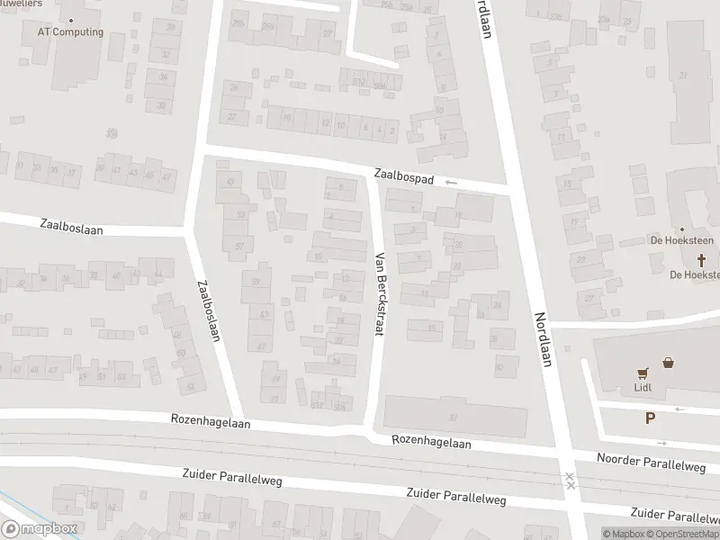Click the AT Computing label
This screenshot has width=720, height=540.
[x=70, y=32]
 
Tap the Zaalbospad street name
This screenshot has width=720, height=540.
[x=405, y=179]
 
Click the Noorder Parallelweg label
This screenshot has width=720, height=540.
[x=651, y=462]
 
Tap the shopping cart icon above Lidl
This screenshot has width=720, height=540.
[x=643, y=373]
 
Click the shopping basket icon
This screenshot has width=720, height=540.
[x=669, y=364]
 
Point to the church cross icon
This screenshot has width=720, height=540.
[x=704, y=260]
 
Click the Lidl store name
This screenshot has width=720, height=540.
[x=643, y=389]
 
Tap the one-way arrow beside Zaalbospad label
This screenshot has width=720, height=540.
[x=451, y=183]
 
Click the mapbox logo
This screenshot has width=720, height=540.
[x=40, y=528]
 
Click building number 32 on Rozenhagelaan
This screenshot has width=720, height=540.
[x=453, y=416]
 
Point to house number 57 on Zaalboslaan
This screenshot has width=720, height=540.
[x=239, y=246]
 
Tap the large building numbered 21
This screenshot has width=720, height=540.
[x=683, y=75]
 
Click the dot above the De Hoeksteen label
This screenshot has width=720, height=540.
[x=681, y=229]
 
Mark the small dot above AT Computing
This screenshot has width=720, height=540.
[x=70, y=19]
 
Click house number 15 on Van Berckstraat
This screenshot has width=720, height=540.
[x=431, y=327]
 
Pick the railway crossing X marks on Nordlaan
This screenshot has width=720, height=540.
[x=570, y=481]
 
